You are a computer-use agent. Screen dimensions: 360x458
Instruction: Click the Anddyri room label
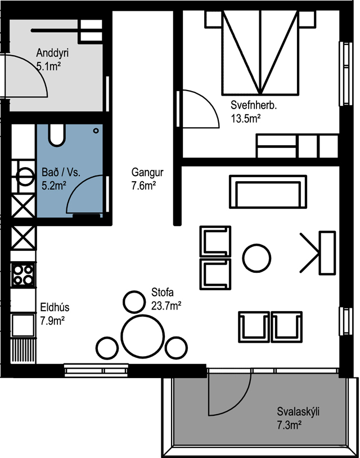52,53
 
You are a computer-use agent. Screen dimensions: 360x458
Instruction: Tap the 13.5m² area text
246,119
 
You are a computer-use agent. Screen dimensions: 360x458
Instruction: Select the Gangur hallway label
147,172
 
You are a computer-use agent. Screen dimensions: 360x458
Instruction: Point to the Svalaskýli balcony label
298,411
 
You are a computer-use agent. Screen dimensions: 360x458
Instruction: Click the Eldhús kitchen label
55,307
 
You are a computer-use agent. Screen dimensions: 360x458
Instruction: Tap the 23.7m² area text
166,306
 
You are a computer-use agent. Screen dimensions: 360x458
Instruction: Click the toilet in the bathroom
57,135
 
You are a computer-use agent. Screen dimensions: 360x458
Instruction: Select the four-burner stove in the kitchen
23,275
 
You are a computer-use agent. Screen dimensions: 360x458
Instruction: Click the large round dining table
142,336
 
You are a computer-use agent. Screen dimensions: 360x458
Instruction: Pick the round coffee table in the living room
256,258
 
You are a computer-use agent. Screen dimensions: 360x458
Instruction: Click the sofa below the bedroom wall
268,192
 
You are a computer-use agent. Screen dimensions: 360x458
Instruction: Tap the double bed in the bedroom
260,53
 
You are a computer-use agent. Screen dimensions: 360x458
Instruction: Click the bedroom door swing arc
209,101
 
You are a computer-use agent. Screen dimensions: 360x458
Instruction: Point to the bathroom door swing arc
78,185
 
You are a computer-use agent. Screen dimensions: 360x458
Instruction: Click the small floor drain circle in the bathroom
96,131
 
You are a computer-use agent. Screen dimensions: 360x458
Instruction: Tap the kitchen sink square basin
22,325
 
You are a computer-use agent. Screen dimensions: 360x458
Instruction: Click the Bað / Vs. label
61,172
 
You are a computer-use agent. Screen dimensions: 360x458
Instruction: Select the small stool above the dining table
134,302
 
